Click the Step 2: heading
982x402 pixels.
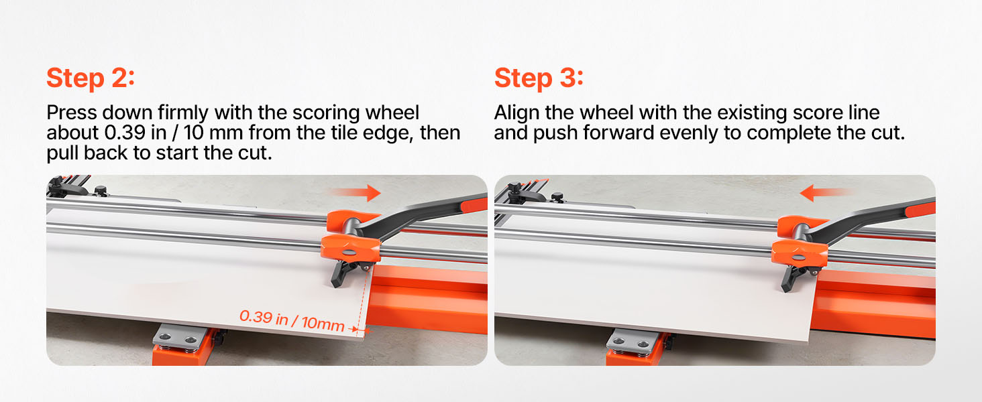[91, 78]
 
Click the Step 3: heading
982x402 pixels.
[539, 78]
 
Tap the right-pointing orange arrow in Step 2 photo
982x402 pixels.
[356, 193]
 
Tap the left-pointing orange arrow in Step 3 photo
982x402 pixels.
[826, 193]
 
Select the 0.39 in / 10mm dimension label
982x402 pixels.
[292, 320]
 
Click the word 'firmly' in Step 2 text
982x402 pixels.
[183, 113]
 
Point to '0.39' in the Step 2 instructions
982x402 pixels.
[125, 133]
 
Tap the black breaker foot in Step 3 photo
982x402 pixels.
[792, 279]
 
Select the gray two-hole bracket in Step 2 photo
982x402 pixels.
[180, 337]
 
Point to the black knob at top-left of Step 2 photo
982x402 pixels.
[101, 190]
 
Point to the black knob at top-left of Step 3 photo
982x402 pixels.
[557, 196]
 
